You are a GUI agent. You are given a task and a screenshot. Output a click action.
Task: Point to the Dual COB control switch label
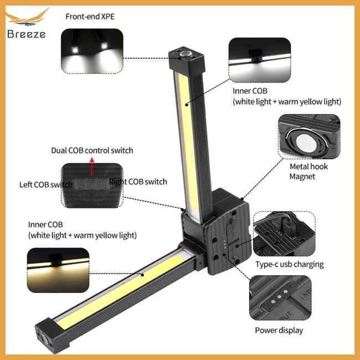92,150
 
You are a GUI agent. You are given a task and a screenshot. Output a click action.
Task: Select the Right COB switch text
138,182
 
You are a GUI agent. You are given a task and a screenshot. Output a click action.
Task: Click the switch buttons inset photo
92,185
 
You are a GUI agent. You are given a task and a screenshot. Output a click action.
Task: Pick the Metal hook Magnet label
308,171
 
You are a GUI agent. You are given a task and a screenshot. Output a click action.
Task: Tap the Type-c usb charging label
289,264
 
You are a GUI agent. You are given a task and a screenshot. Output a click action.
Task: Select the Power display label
279,331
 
